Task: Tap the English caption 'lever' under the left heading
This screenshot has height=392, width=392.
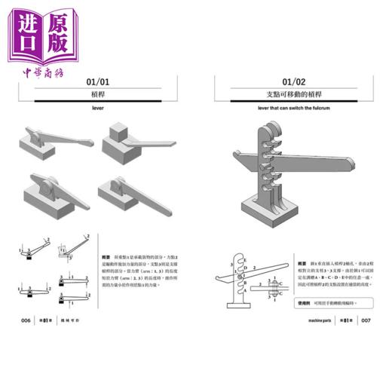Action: click(x=98, y=109)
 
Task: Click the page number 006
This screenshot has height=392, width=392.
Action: click(x=26, y=320)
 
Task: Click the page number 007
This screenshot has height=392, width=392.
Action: click(x=366, y=320)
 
